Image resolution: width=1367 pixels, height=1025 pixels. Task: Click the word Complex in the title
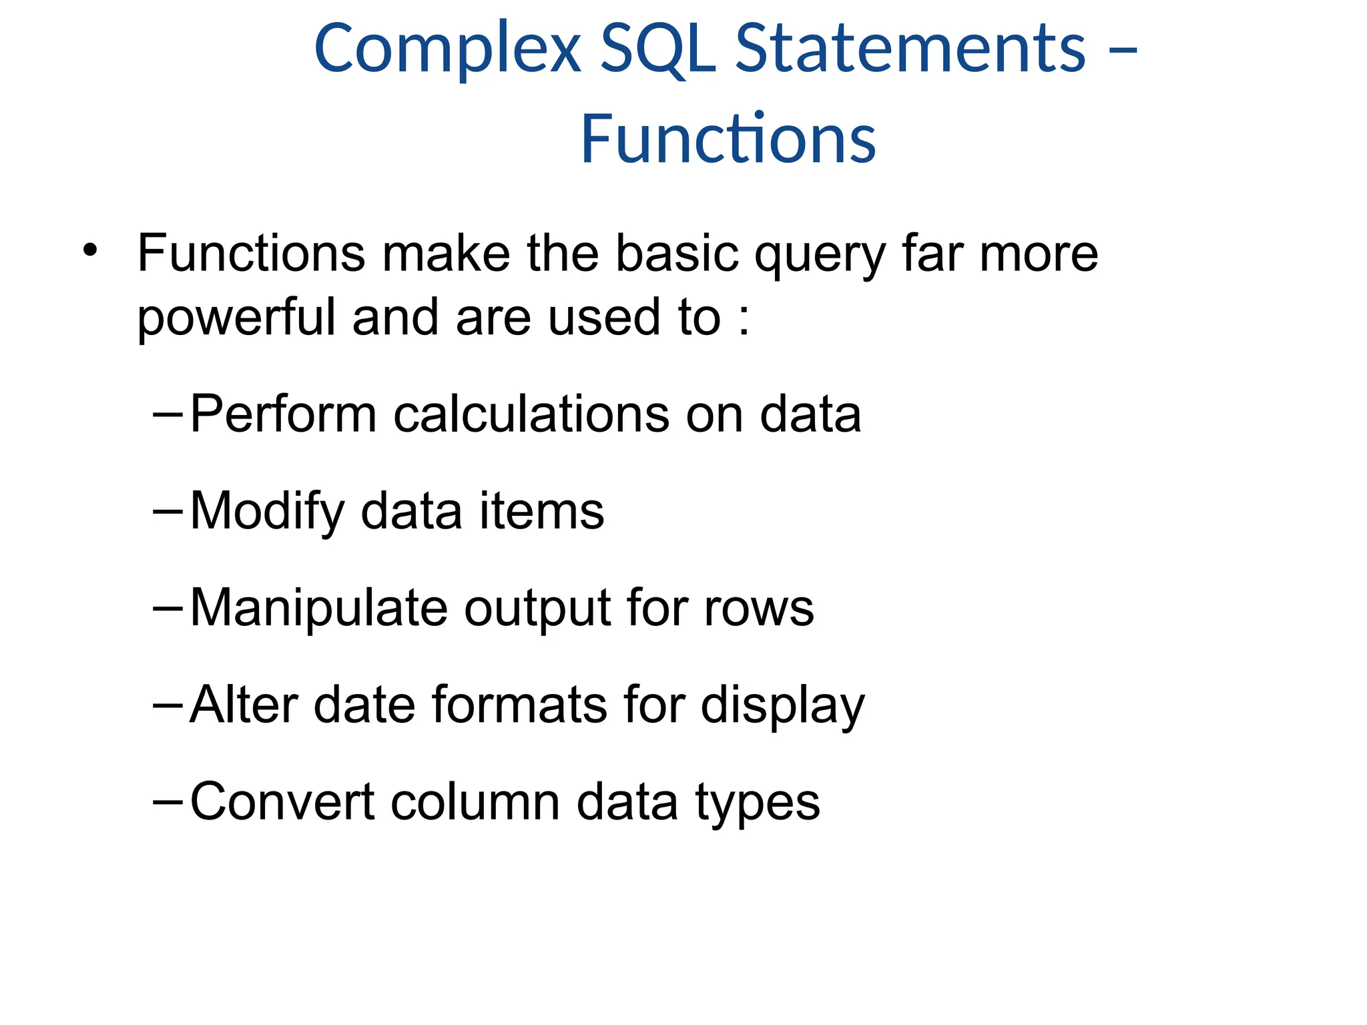pyautogui.click(x=447, y=49)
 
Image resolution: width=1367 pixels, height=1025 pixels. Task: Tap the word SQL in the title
pyautogui.click(x=658, y=49)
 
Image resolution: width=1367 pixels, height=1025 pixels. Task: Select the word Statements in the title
pyautogui.click(x=910, y=49)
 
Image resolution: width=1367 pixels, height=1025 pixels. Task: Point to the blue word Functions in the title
pyautogui.click(x=728, y=139)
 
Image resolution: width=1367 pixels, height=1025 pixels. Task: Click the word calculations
pyautogui.click(x=531, y=414)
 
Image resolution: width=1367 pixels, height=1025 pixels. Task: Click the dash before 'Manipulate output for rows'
pyautogui.click(x=167, y=608)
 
